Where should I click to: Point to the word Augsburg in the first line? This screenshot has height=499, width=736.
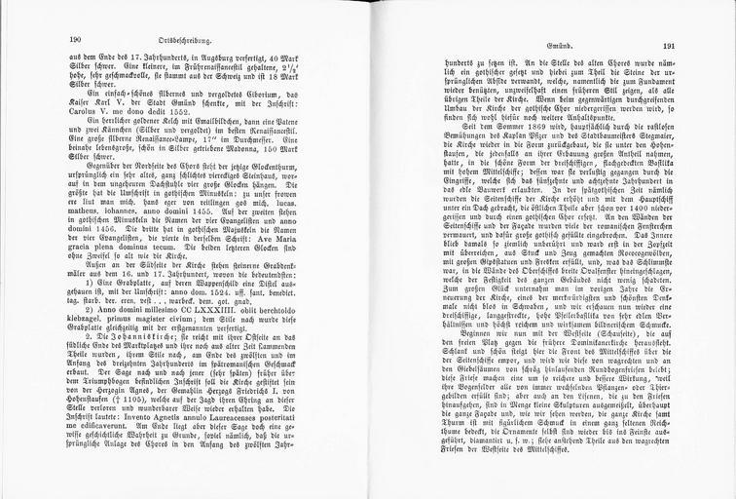pos(196,58)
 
